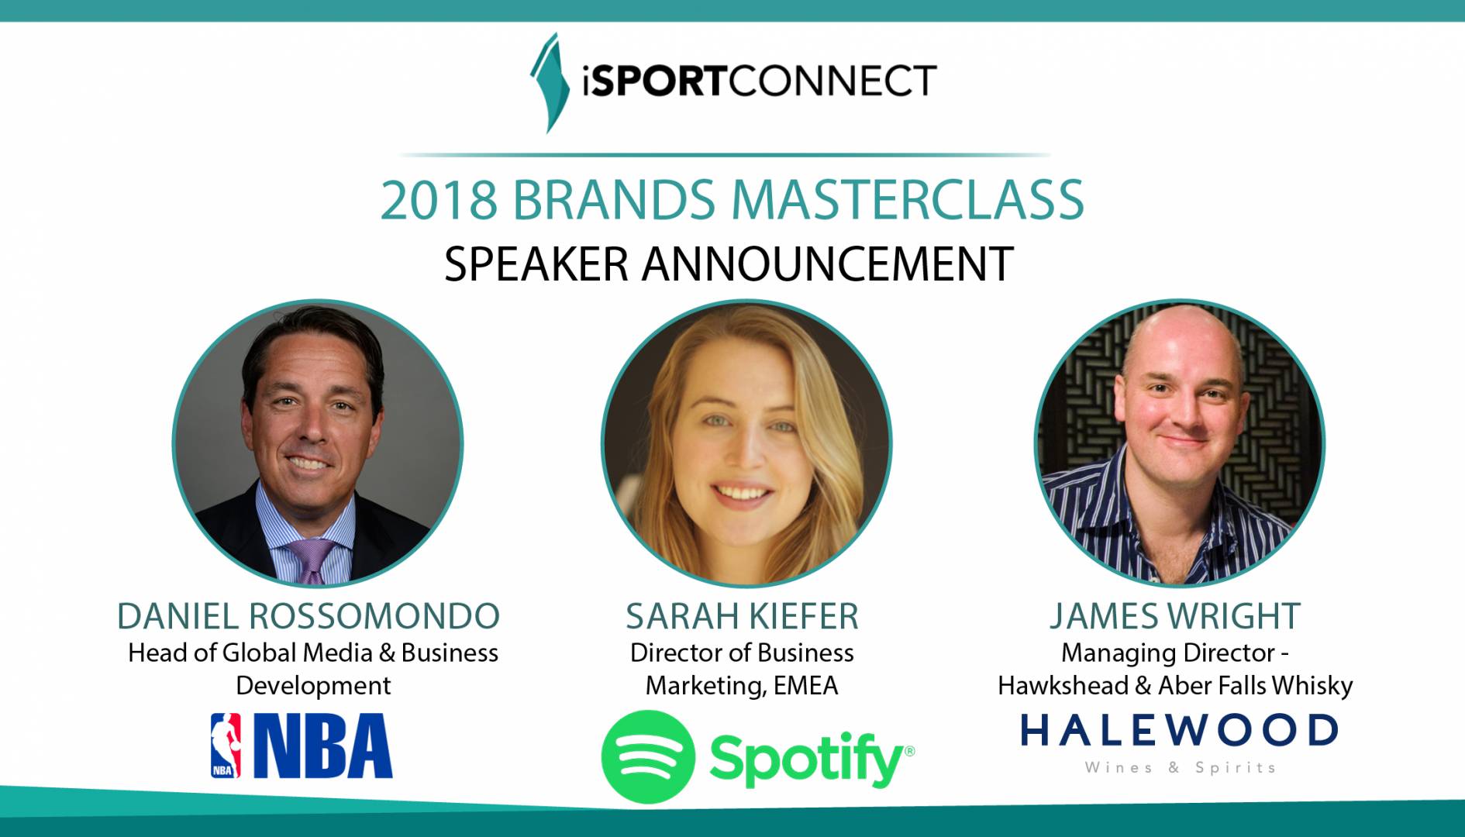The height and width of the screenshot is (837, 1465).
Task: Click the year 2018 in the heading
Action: click(438, 200)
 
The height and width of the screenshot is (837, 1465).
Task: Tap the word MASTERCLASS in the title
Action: click(907, 200)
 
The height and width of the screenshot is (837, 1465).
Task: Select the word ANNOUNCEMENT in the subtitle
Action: click(827, 263)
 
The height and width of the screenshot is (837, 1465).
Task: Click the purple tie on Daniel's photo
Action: click(312, 560)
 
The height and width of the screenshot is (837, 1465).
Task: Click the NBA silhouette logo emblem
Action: click(226, 746)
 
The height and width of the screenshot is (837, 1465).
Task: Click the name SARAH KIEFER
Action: click(742, 616)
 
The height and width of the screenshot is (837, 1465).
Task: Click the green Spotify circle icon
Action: click(648, 756)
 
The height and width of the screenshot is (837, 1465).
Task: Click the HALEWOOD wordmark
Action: click(1179, 730)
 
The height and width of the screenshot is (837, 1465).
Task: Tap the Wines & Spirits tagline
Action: click(1180, 767)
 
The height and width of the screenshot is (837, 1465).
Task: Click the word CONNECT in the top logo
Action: click(832, 81)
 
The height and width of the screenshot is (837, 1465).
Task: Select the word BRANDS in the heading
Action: click(613, 200)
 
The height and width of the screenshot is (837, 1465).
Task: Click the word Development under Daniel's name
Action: click(313, 687)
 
